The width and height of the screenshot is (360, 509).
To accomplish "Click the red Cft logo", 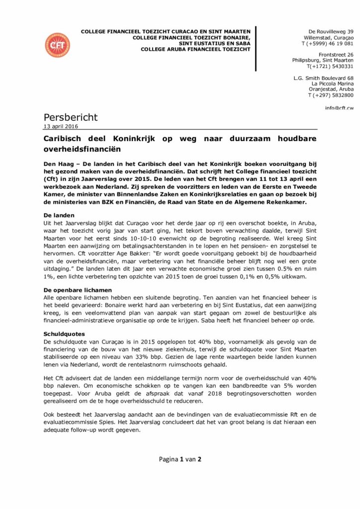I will coord(58,45).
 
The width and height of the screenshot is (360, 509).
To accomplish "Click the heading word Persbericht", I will coord(71,117).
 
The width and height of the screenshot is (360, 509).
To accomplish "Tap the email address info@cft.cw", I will coord(340,108).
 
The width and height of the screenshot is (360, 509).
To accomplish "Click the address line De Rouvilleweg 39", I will coord(331,31).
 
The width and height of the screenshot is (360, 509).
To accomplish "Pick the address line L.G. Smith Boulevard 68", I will coord(324,78).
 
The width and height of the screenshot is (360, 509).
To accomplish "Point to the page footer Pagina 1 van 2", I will coord(180,459).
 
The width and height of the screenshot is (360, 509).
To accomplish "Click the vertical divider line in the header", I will coord(257,49).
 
